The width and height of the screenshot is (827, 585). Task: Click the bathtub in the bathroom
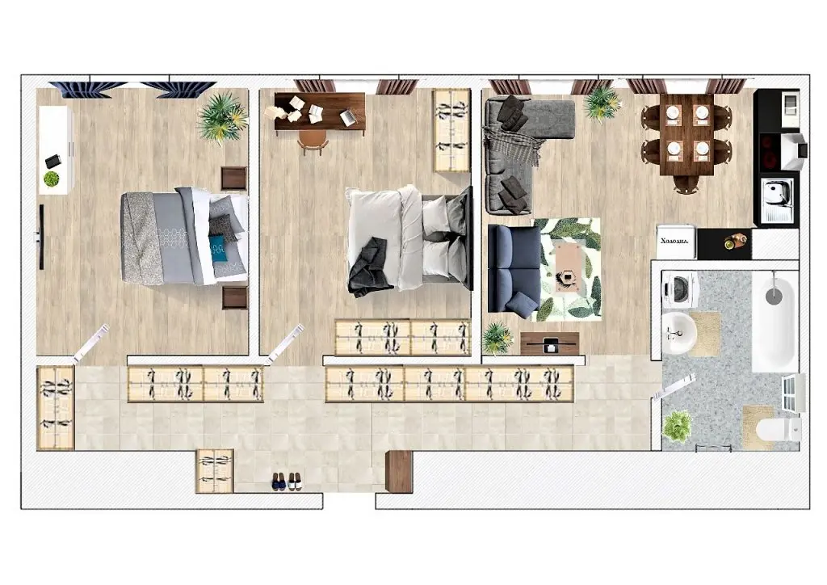pos(775,322)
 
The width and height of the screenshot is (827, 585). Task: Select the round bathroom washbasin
pos(678,333)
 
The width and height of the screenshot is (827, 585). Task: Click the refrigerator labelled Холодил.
pos(676,242)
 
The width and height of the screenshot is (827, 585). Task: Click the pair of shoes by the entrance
pos(287,481)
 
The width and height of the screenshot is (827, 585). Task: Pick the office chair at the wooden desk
pos(313,141)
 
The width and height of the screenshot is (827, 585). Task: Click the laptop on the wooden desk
pos(349,117)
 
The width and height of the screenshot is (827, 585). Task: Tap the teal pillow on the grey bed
pos(216,246)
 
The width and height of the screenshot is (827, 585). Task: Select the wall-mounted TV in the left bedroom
pos(40,237)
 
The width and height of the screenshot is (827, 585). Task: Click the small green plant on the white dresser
pos(51,179)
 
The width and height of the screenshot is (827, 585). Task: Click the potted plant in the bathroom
pos(678,425)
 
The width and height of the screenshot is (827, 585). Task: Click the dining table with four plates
pos(686,134)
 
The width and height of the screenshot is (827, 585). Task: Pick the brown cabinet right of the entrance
pos(399,471)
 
